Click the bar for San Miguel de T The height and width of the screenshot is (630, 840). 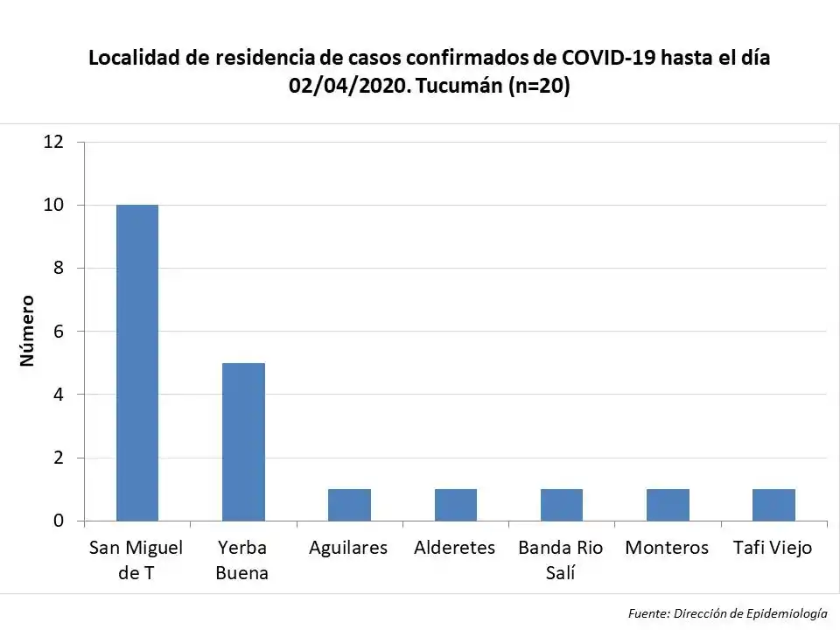137,363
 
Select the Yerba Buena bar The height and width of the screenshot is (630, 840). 243,442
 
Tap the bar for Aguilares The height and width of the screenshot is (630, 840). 349,505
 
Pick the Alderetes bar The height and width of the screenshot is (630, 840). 456,505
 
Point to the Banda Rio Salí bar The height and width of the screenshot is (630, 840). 562,505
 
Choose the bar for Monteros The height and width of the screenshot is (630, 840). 668,505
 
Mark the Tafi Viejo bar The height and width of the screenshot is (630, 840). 773,505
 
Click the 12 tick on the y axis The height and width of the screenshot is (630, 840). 54,142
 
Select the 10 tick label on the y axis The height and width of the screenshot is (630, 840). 54,205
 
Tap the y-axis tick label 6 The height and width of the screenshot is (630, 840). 59,332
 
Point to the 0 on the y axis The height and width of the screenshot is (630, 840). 59,521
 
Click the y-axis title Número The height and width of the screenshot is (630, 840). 27,331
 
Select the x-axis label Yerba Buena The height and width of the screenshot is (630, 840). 242,560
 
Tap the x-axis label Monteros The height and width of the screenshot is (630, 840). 667,548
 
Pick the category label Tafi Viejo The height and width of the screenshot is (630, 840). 773,548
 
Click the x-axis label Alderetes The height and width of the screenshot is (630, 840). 454,548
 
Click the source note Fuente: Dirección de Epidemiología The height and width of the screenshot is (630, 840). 727,613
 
